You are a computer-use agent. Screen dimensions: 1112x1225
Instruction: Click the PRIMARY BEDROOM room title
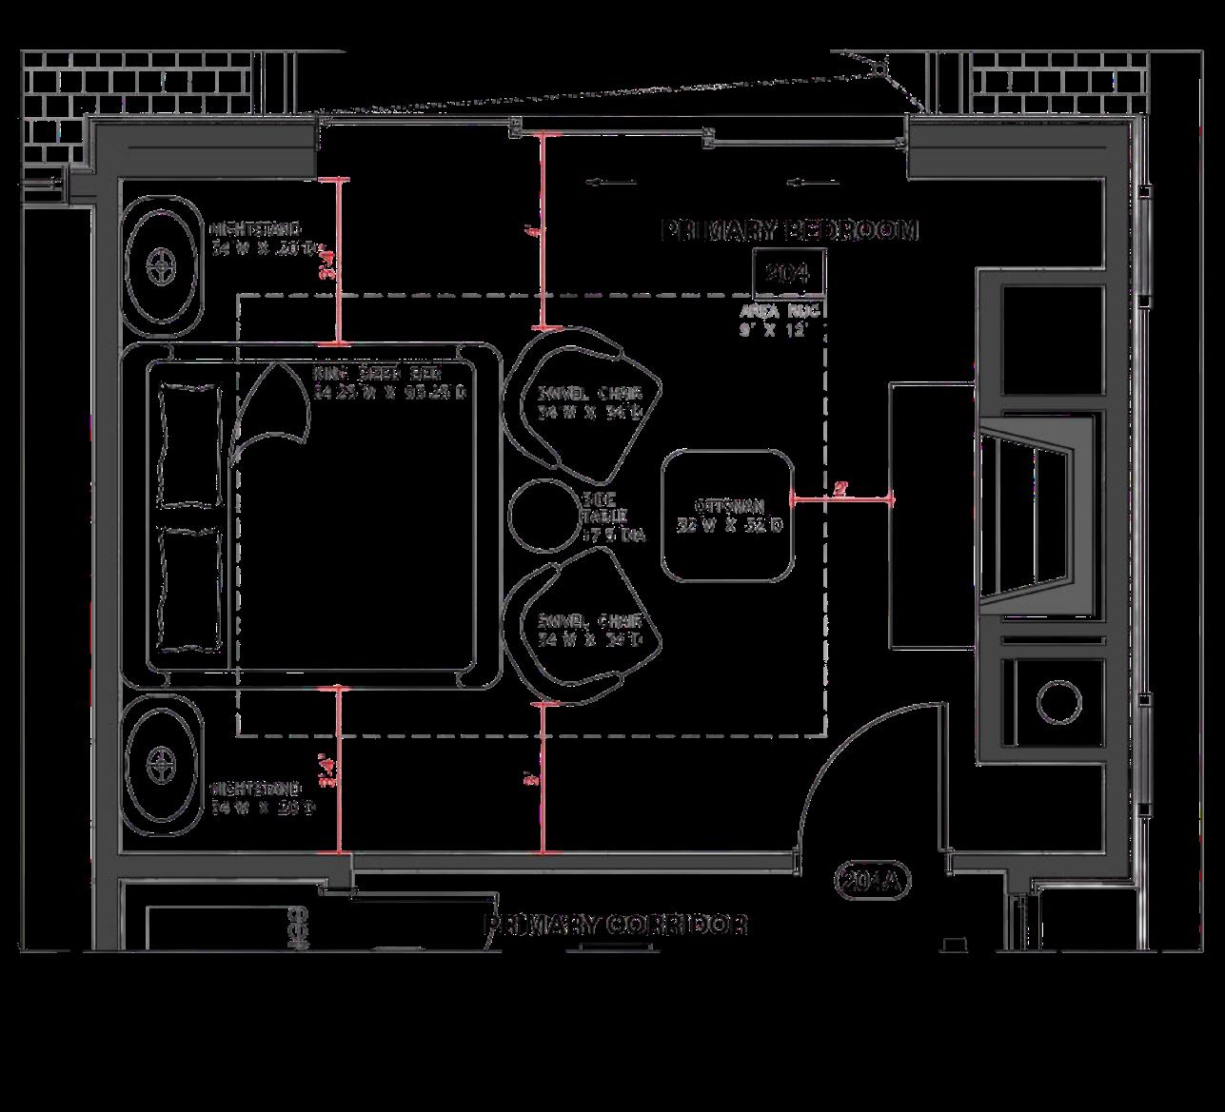pyautogui.click(x=789, y=230)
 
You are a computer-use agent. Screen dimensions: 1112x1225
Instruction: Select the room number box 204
pyautogui.click(x=788, y=274)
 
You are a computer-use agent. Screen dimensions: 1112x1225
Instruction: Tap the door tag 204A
pyautogui.click(x=873, y=881)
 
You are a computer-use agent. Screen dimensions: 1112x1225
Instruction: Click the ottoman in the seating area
pyautogui.click(x=728, y=515)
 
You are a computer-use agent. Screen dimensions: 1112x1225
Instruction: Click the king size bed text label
pyautogui.click(x=390, y=381)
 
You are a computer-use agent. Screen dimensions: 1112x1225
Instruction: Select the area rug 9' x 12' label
pyautogui.click(x=780, y=321)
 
